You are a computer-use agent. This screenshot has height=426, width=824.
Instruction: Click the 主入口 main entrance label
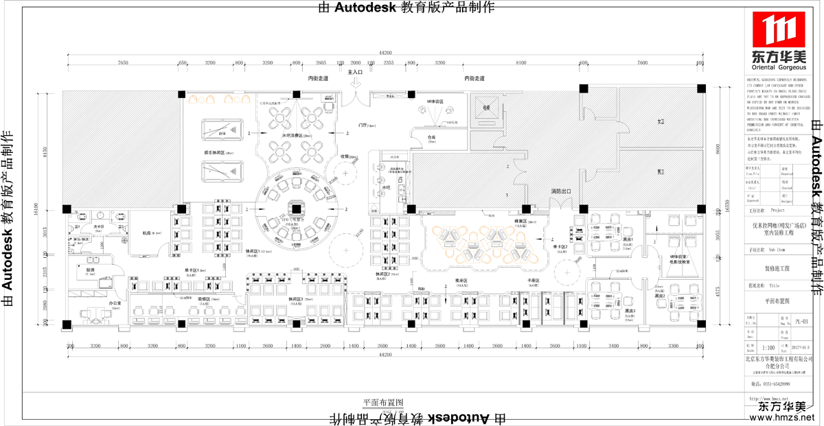click(x=355, y=72)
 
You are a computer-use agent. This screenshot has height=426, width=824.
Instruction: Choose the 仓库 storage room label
click(x=431, y=137)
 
